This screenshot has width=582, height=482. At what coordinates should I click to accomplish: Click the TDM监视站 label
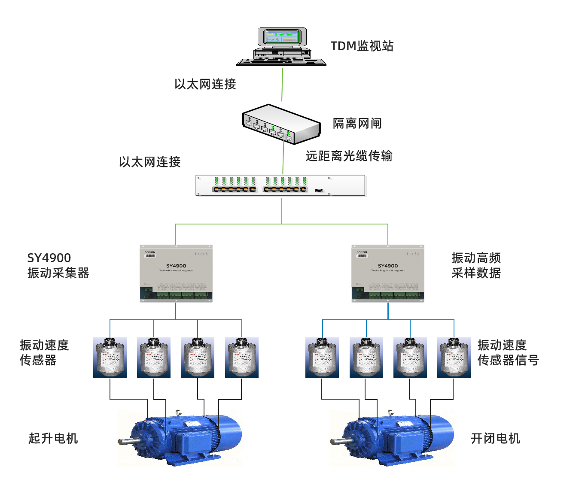tap(362, 46)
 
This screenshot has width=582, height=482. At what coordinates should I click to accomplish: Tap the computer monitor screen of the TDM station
tap(282, 37)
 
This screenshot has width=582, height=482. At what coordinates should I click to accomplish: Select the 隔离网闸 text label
tap(357, 124)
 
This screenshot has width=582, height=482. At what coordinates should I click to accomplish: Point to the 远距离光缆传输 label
tap(349, 156)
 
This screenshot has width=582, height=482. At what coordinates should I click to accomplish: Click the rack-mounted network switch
tap(281, 185)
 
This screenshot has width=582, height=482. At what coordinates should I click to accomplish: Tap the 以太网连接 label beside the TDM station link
tap(205, 84)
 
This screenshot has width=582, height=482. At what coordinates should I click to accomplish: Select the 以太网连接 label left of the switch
tap(149, 162)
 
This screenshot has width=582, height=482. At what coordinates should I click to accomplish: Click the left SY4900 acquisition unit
tap(176, 273)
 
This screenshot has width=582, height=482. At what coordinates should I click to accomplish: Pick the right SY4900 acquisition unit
tap(388, 273)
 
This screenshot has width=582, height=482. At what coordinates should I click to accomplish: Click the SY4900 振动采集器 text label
tap(58, 265)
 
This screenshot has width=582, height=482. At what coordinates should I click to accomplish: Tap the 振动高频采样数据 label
tap(476, 265)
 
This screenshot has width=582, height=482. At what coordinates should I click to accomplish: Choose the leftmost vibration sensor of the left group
tap(110, 358)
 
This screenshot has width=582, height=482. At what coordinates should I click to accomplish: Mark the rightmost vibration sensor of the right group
tap(454, 358)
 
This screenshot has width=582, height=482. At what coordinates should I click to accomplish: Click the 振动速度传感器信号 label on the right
tap(508, 352)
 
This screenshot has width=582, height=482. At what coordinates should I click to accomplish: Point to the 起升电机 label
tap(53, 438)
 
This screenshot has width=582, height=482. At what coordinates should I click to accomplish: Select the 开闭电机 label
tap(495, 438)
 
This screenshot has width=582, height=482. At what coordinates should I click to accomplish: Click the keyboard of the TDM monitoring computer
tap(281, 62)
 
